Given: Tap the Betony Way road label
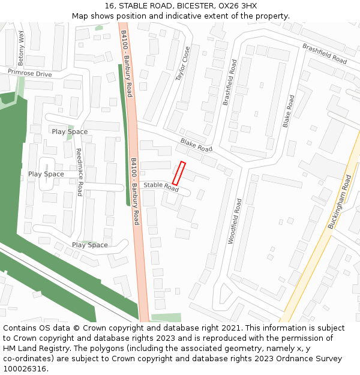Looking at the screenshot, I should pos(22,47).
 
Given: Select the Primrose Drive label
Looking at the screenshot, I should pos(29,73).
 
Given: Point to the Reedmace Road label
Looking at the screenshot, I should pos(79,172).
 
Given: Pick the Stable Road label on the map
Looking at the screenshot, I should pos(161,187).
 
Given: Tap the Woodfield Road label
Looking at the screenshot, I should pos(235,221).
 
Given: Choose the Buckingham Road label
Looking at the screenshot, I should pos(339,202).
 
